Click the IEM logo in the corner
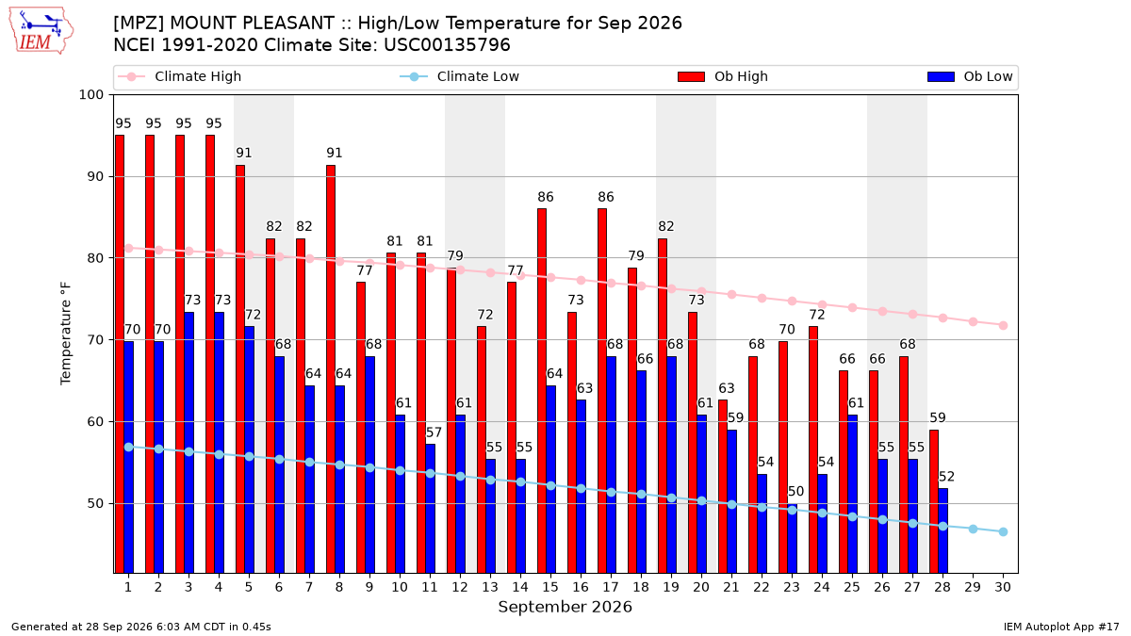(41, 31)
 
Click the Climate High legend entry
(179, 76)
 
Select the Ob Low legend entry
(970, 76)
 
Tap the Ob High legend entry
(723, 76)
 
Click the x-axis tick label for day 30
(1003, 587)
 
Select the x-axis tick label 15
(550, 587)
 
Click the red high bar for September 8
(331, 369)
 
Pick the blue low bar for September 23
(793, 539)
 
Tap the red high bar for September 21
(723, 486)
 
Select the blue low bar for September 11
(430, 509)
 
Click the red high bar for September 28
(934, 501)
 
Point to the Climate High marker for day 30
(1003, 326)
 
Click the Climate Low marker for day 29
(973, 529)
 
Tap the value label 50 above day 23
(795, 492)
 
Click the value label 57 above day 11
(434, 432)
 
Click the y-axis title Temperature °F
(66, 334)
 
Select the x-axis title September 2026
(565, 607)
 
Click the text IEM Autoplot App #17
(1061, 627)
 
